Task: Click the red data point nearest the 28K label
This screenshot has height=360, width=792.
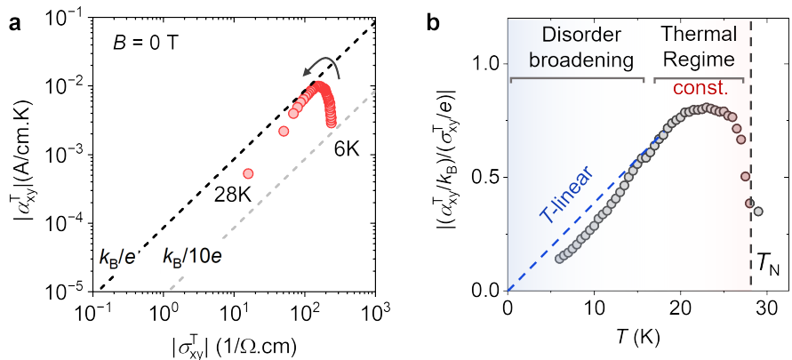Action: point(248,173)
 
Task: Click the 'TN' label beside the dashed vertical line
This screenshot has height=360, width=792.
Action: point(764,263)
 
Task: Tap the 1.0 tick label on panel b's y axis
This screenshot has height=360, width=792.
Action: point(484,64)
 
